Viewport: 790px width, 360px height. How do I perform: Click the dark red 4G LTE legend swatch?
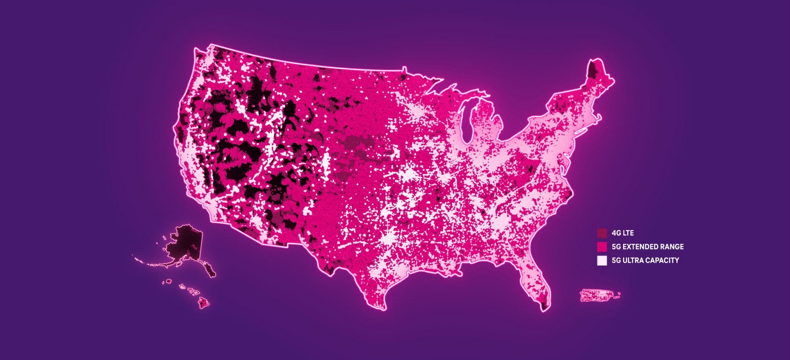pos(602,233)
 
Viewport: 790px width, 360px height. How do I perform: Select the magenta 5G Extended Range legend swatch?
pos(602,246)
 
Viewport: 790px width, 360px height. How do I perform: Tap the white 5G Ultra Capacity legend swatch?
pos(602,260)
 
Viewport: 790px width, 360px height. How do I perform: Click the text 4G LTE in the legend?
pos(622,233)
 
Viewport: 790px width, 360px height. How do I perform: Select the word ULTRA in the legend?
pos(632,260)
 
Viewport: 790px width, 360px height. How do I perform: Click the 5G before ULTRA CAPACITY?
pos(616,260)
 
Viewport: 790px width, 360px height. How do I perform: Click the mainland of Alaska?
pos(183,242)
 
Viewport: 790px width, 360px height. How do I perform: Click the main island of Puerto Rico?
pos(597,295)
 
